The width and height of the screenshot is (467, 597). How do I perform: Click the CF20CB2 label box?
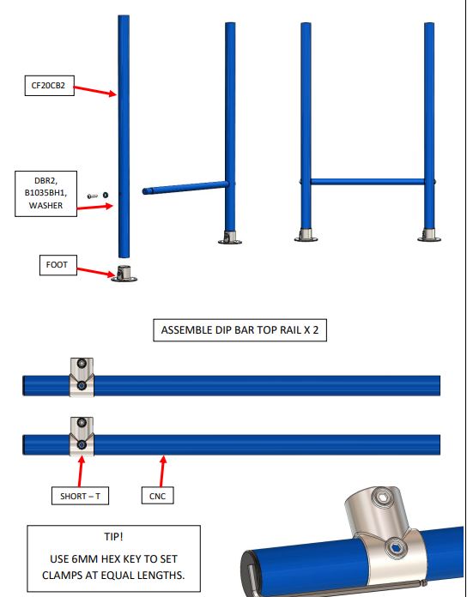coord(50,86)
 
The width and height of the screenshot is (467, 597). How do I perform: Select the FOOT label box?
coord(58,265)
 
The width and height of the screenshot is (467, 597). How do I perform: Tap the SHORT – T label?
coord(80,496)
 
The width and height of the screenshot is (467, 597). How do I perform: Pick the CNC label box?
coord(157,496)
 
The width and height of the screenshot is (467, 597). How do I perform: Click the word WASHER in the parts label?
coord(45,206)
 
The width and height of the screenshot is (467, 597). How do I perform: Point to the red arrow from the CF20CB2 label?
coord(94,91)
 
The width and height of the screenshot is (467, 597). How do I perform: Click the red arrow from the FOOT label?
coord(96,272)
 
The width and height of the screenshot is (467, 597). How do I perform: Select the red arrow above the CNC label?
coord(162,471)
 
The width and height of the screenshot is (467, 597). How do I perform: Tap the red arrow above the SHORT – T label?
coord(81,471)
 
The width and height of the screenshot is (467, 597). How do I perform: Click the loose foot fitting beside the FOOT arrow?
coord(124,274)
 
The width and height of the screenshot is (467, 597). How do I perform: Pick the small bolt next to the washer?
coord(93,196)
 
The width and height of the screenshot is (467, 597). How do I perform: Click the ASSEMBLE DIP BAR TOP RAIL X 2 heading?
coord(240,330)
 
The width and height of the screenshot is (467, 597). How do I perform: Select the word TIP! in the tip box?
coord(113,536)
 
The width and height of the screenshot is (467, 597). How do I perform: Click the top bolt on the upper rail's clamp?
coord(82,363)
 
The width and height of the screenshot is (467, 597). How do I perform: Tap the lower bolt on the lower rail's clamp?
coord(82,444)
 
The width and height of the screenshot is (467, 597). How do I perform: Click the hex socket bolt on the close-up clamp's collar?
coord(395,549)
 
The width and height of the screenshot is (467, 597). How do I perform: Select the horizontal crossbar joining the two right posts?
coord(367,182)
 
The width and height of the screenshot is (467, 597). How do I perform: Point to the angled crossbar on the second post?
coord(185,188)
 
